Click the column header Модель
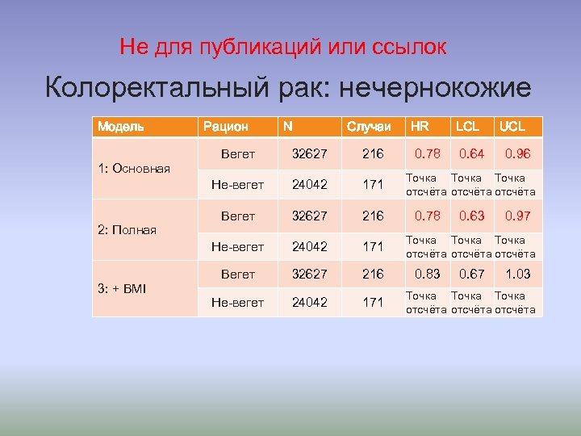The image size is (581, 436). coord(121,126)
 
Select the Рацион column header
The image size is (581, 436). coord(225,126)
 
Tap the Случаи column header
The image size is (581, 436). coord(369,126)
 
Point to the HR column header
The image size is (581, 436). coord(420,126)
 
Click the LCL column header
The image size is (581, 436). coord(467,126)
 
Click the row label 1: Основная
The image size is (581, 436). coord(134,168)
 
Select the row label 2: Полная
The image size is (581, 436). coord(127,230)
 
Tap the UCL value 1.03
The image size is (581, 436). coord(518,275)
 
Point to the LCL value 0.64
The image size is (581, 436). coord(472,153)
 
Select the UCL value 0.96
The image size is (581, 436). coord(518,153)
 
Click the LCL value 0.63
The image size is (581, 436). coord(472,216)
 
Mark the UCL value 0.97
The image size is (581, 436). coord(518,216)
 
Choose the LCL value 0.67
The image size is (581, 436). coord(472,275)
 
